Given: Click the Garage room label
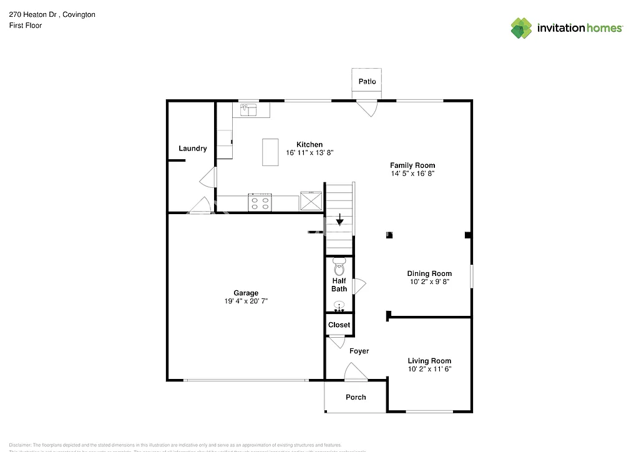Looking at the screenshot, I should pos(246,293).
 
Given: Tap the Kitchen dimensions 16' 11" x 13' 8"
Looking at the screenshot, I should pos(310,153).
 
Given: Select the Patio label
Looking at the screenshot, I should pos(367,82).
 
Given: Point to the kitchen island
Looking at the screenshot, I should pos(270,152).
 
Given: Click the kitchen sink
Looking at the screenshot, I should pos(250,111).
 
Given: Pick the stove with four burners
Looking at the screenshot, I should pos(260,202).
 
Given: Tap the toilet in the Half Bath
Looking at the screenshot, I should pos(339,267).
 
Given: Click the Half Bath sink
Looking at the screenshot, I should pos(339,306).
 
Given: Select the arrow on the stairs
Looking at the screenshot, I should pos(339,220).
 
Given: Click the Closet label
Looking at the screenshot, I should pos(339,325).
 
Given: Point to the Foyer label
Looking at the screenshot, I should pos(359,351).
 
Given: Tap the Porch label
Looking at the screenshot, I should pos(356,397).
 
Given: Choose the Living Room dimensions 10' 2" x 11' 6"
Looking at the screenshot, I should pos(429,369).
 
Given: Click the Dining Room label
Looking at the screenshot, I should pos(429,273).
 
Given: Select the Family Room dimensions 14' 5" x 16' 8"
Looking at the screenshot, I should pos(412,174).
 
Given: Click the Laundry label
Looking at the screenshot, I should pos(192,149).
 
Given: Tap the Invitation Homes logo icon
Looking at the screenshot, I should pos(521,28).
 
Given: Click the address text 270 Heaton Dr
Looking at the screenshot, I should pos(34,14).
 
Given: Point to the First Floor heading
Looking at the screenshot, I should pos(26,26).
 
